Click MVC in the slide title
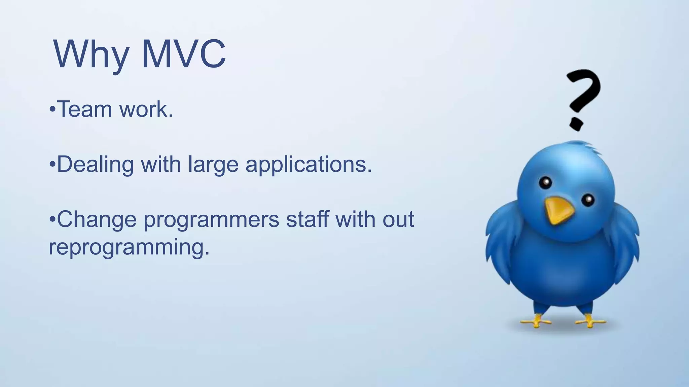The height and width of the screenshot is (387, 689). pyautogui.click(x=184, y=54)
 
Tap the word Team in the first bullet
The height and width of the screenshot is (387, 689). pyautogui.click(x=84, y=110)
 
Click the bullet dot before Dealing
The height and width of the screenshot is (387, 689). pyautogui.click(x=52, y=165)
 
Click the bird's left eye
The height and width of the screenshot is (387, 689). pyautogui.click(x=545, y=183)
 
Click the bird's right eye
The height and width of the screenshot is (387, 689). pyautogui.click(x=588, y=200)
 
